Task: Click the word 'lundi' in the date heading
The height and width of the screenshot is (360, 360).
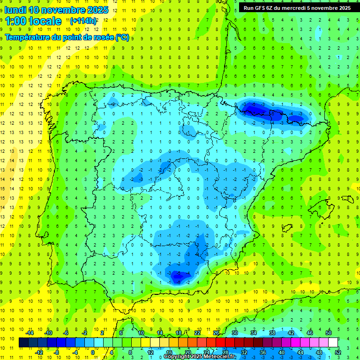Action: tap(15, 10)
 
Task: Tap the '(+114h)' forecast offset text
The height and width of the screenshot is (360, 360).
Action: tap(83, 21)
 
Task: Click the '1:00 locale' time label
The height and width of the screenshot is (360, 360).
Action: tap(33, 21)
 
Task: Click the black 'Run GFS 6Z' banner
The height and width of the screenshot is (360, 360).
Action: tap(297, 8)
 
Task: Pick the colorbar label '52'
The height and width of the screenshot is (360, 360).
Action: tap(338, 352)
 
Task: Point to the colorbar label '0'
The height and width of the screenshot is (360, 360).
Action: tap(92, 352)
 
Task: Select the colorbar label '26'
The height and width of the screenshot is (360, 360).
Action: tap(216, 333)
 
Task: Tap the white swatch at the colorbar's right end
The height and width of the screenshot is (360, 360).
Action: tap(333, 343)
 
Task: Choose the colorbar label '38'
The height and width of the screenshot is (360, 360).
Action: tap(272, 333)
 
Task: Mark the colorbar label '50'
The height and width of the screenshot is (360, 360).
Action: tap(329, 333)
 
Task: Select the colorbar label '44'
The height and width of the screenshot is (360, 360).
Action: tap(300, 352)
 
